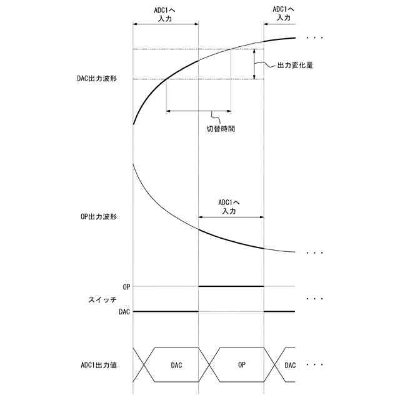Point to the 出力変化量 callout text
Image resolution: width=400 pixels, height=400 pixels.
point(296,65)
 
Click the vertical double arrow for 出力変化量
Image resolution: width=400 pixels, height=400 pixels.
point(254,64)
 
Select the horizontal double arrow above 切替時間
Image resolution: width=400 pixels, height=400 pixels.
point(198,111)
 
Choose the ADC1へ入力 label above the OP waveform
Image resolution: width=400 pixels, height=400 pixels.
point(229,207)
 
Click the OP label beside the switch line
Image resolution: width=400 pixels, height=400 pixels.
point(127,286)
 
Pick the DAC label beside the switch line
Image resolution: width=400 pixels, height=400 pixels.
point(124,311)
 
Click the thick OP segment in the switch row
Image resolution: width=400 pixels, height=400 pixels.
point(231,286)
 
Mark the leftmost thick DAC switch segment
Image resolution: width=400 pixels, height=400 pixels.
point(165,311)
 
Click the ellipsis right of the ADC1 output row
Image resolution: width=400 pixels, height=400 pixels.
point(314,364)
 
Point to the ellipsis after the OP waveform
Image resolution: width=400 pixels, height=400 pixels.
point(314,252)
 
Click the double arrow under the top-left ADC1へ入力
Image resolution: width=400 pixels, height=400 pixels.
point(166,24)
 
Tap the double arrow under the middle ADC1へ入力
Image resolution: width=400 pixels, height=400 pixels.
point(231,217)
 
